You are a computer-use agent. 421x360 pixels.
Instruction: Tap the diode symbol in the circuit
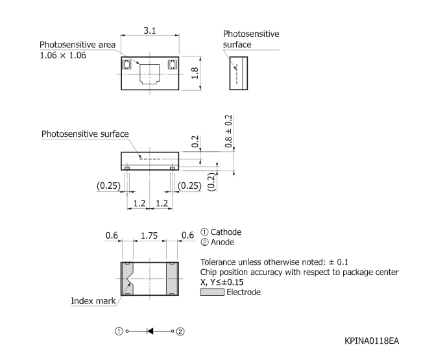coord(150,331)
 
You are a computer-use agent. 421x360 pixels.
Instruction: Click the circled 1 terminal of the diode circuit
coord(119,331)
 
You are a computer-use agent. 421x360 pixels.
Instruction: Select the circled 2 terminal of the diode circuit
coord(180,331)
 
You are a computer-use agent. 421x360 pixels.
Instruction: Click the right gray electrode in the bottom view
coord(173,278)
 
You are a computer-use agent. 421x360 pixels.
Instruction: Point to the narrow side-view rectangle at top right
coord(239,73)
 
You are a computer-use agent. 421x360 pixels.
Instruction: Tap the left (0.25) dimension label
coord(108,186)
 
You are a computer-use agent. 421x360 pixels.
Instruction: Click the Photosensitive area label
coord(77,44)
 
